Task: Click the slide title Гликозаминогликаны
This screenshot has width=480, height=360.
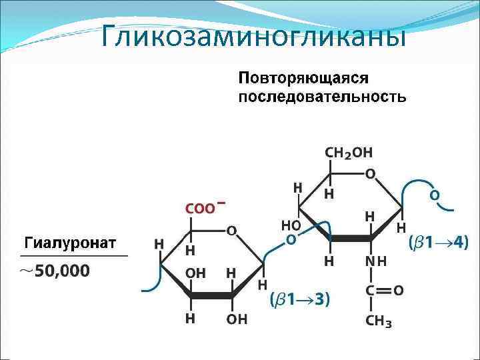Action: [254, 37]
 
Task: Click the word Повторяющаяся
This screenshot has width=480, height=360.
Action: [303, 77]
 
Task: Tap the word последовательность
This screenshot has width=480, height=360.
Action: [321, 97]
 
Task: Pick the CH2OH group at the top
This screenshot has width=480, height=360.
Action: [349, 153]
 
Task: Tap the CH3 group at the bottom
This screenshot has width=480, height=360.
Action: [378, 322]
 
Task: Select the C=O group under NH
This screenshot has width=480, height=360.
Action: [383, 291]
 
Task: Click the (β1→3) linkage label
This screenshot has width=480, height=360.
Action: [299, 299]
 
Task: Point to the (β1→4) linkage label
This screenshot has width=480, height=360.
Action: [438, 243]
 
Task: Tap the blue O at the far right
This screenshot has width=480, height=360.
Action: [434, 196]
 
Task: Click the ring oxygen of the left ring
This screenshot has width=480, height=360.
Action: [231, 231]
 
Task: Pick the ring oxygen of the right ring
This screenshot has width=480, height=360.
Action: [370, 173]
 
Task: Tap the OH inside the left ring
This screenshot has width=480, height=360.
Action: [195, 273]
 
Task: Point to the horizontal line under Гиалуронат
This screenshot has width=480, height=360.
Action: [74, 255]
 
